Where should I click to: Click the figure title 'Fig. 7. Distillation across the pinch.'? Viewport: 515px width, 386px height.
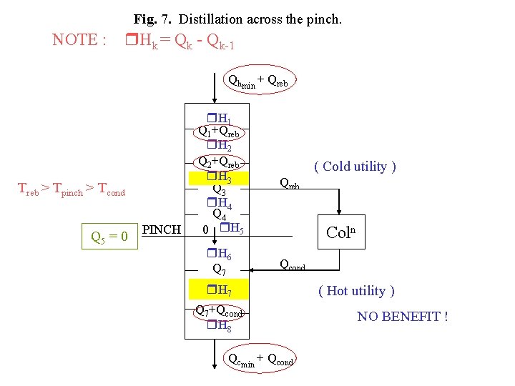pos(237,19)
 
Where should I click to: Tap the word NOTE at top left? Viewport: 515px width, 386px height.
pos(74,40)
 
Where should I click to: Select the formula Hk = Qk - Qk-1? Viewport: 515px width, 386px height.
pos(180,42)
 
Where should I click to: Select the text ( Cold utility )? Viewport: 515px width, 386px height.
pos(355,167)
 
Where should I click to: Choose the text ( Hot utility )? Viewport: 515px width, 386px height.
pos(355,290)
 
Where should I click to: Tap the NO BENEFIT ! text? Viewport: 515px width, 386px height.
pos(403,315)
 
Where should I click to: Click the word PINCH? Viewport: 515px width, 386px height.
pos(162,230)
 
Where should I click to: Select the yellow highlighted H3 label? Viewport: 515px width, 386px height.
pos(219,177)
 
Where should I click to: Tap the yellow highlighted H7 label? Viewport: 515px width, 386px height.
pos(219,290)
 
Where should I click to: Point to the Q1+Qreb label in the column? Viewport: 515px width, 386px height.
pos(220,132)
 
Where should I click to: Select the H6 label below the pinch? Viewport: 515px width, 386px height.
pos(219,254)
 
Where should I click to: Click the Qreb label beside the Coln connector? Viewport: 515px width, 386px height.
pos(289,184)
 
